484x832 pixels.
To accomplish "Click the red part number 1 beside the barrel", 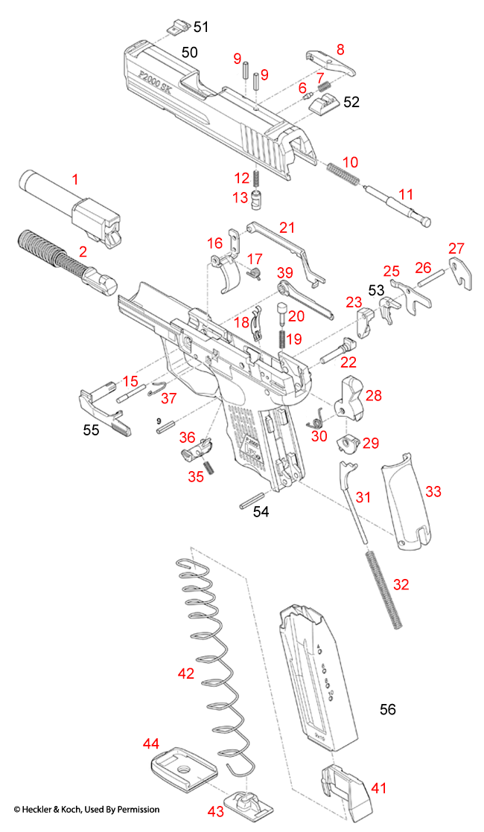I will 74,179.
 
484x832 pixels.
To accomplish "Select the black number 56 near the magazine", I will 387,709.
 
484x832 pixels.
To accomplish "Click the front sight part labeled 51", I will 176,28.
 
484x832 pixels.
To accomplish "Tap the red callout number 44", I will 151,743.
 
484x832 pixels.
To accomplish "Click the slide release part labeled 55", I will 103,409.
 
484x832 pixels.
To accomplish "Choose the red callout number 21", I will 287,226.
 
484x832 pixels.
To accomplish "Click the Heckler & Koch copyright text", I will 86,809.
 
